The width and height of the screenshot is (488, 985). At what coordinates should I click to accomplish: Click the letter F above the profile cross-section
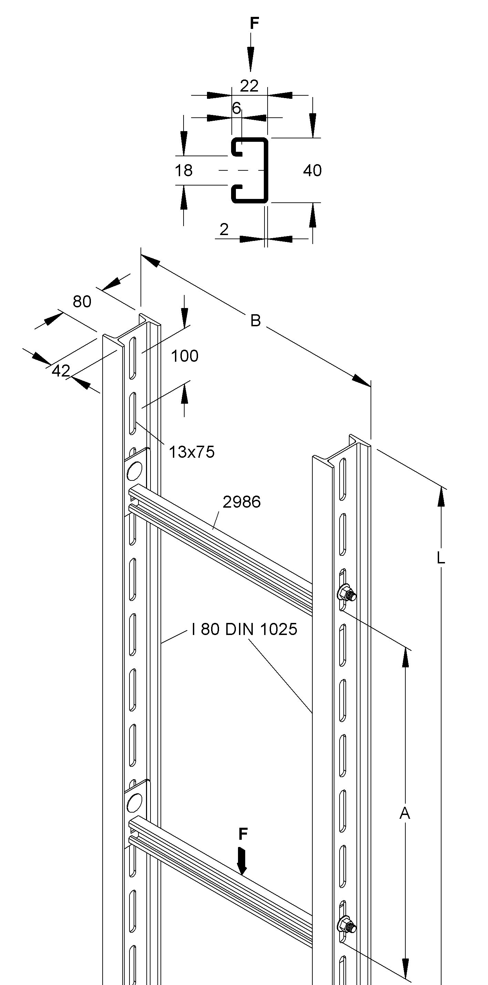[x=255, y=24]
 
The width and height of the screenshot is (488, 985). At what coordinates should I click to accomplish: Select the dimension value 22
[x=249, y=86]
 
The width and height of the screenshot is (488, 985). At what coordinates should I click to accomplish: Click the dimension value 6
[x=237, y=108]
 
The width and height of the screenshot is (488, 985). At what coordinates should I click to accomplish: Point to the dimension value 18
[x=183, y=171]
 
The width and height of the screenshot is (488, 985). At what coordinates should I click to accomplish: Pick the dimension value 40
[x=312, y=171]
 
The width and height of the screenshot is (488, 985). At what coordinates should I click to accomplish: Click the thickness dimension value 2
[x=224, y=230]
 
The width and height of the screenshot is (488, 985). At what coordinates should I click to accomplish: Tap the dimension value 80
[x=82, y=302]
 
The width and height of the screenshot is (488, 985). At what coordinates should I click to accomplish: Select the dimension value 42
[x=61, y=371]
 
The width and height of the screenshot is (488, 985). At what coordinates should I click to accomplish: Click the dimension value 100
[x=185, y=356]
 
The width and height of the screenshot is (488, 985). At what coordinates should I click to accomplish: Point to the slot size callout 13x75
[x=191, y=452]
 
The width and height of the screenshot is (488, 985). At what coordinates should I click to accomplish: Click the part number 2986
[x=241, y=502]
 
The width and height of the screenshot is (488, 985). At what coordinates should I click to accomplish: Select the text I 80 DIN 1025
[x=244, y=629]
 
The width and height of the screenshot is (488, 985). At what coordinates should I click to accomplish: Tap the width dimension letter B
[x=255, y=320]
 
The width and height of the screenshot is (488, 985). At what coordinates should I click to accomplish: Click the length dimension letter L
[x=440, y=559]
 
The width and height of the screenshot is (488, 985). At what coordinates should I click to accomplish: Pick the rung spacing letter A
[x=405, y=813]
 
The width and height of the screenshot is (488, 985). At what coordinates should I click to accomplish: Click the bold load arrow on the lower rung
[x=242, y=860]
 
